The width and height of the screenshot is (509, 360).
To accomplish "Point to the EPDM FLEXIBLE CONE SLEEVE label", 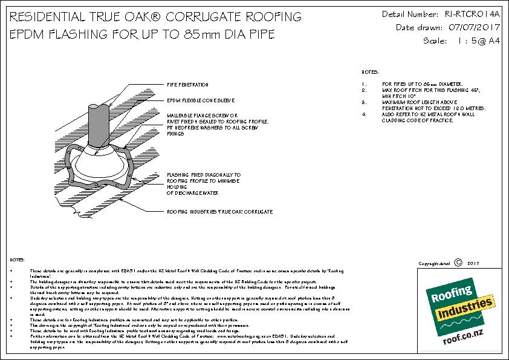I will tap(201, 100).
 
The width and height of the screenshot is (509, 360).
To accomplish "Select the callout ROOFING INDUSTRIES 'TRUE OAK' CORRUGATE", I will tap(219, 212).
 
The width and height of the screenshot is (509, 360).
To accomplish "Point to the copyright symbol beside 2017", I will tap(457, 263).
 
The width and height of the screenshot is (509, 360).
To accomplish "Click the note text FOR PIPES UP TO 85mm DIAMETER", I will tap(413, 83).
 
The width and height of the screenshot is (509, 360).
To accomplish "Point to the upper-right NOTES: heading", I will tap(370, 71).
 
